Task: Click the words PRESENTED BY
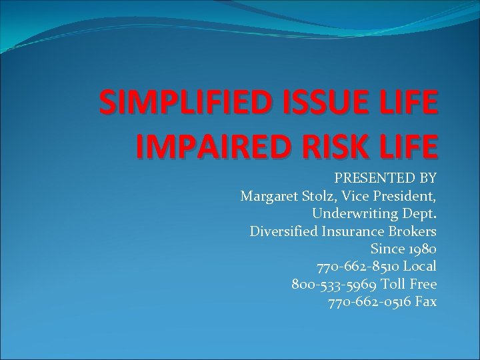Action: [x=385, y=178]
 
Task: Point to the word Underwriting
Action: [x=355, y=213]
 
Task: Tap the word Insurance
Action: [x=359, y=231]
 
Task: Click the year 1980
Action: [x=421, y=249]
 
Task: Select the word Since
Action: [x=386, y=249]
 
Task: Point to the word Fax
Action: [x=425, y=302]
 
